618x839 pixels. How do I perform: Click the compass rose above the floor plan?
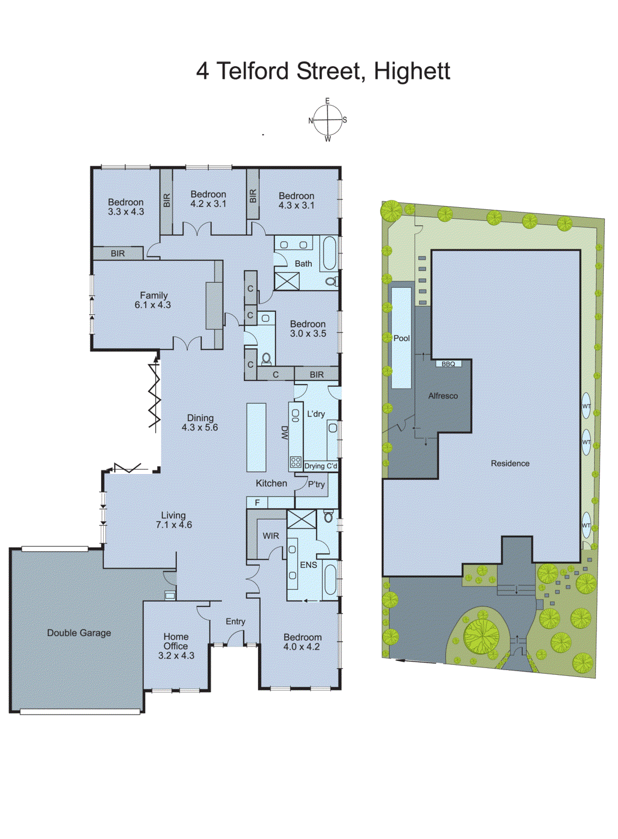point(328,120)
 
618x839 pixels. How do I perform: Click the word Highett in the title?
point(412,71)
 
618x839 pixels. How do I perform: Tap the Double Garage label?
point(79,633)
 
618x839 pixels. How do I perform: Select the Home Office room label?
point(176,641)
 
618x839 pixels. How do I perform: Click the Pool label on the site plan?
point(402,338)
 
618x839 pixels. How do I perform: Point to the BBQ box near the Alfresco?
point(448,363)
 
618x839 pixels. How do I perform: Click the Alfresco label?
point(443,396)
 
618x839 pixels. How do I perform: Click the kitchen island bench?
point(256,437)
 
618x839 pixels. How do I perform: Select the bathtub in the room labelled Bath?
point(329,253)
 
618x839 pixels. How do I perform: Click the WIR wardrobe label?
point(271,536)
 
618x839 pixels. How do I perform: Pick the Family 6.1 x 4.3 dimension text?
point(153,305)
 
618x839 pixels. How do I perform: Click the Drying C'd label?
point(320,466)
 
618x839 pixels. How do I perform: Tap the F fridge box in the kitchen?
point(257,502)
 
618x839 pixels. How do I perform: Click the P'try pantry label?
point(316,484)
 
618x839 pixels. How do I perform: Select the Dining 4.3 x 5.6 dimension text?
point(200,427)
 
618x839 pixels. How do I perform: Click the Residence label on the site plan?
point(510,464)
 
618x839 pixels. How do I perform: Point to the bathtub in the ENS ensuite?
point(330,579)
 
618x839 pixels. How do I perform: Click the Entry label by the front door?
point(235,621)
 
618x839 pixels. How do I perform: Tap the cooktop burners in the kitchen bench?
point(296,462)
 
